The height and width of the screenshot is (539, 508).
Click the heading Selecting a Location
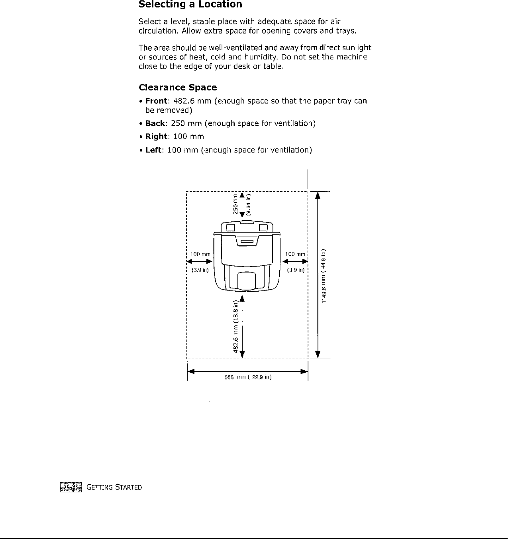coord(190,5)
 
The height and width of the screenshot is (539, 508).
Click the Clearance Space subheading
coord(178,87)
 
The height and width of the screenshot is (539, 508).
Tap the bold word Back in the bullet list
coord(155,123)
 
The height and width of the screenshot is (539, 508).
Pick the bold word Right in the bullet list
coord(156,136)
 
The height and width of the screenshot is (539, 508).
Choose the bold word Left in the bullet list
coord(153,150)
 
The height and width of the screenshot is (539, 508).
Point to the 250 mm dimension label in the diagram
coord(235,203)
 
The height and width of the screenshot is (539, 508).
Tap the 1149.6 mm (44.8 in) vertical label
coord(324,275)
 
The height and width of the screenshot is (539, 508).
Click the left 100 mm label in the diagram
coord(200,254)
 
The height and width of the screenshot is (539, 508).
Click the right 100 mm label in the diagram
coord(295,254)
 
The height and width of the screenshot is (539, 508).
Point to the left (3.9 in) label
coord(200,270)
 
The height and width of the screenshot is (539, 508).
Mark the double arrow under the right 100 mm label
coord(295,261)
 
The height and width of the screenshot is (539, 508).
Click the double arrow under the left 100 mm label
coord(200,261)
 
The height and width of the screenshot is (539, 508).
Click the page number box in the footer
coord(71,487)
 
